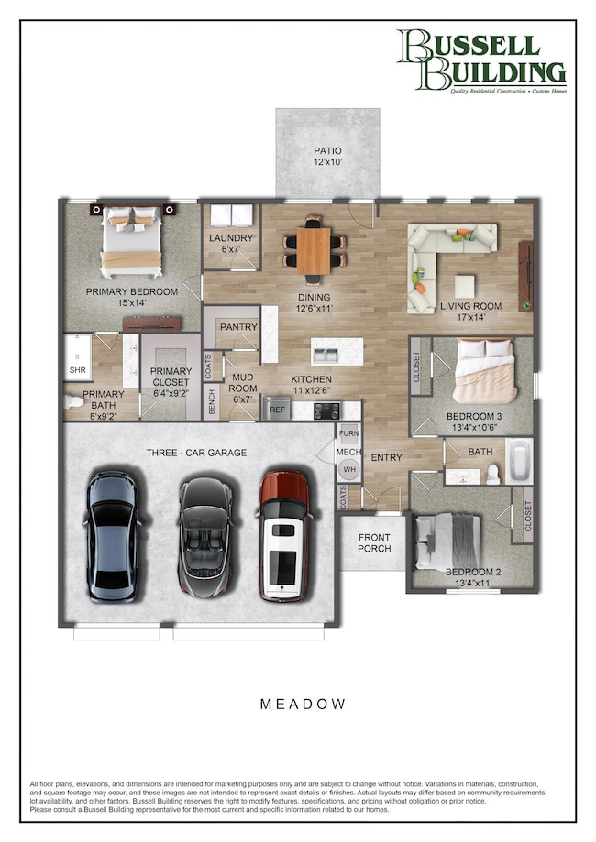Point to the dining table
(x=315, y=249)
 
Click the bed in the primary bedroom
(x=133, y=242)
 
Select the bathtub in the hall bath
(x=518, y=463)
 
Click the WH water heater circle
(x=348, y=470)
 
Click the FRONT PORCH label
(x=373, y=543)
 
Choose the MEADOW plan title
(x=303, y=704)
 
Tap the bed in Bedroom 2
(x=448, y=543)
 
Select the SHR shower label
(x=77, y=371)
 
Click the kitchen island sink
(x=331, y=351)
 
